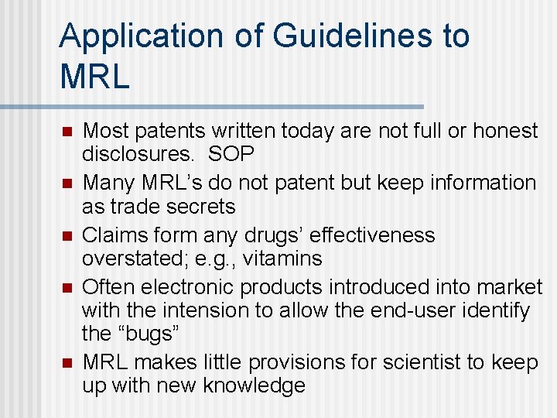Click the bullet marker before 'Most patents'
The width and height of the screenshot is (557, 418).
[67, 131]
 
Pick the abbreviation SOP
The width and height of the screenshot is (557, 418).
[231, 154]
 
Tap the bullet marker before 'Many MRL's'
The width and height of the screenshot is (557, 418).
[67, 183]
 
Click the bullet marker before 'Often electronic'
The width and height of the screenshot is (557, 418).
[67, 287]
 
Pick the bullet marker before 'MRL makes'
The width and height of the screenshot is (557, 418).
[67, 362]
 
